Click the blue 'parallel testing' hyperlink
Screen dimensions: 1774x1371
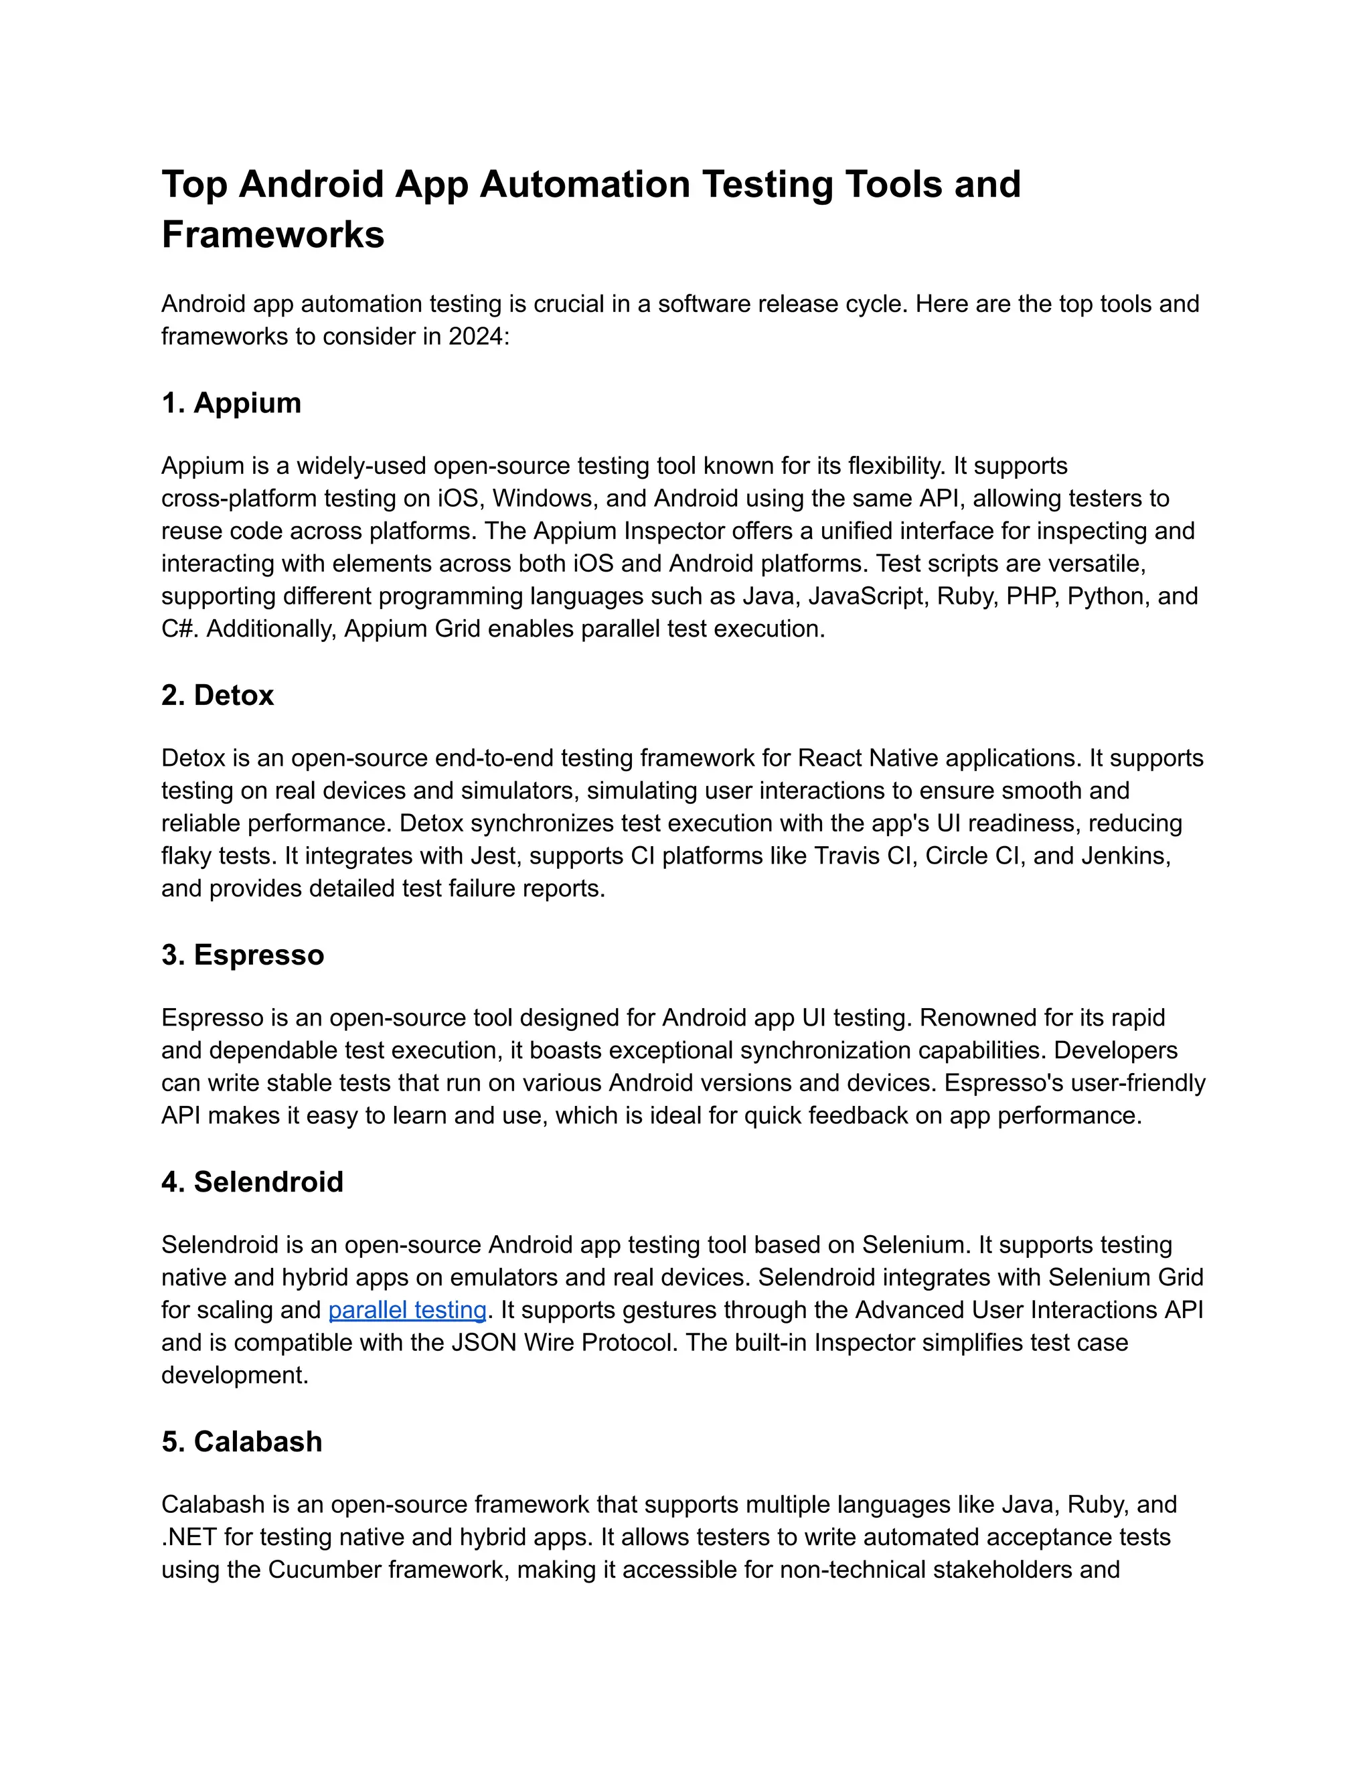point(407,1309)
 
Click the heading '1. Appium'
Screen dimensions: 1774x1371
point(232,403)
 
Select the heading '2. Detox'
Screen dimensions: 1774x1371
point(218,696)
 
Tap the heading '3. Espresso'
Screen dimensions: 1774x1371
point(243,955)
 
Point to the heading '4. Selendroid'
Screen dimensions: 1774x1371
point(252,1182)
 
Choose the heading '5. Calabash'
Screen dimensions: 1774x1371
point(242,1441)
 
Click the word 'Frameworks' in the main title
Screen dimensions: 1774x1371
point(273,235)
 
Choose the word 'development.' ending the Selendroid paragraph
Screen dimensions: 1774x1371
point(235,1374)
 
